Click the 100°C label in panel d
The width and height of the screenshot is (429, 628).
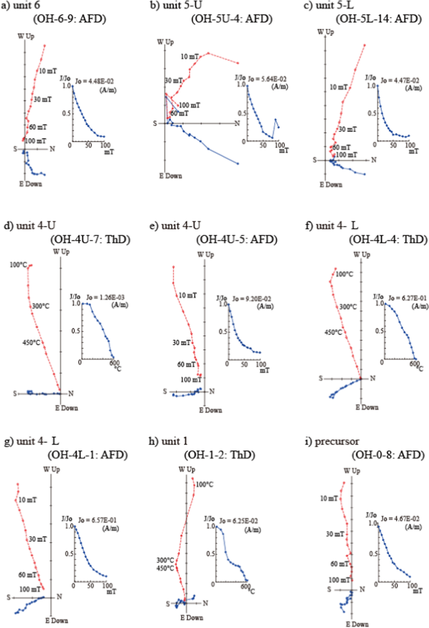(18, 265)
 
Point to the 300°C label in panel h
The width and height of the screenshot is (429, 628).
(166, 560)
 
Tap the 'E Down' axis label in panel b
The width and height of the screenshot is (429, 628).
(170, 176)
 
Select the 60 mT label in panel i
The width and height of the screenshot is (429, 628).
(339, 564)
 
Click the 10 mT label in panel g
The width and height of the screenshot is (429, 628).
(27, 499)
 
